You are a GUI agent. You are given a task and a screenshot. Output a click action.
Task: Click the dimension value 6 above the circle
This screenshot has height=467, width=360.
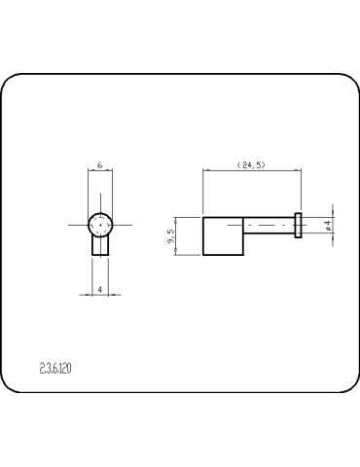[101, 166]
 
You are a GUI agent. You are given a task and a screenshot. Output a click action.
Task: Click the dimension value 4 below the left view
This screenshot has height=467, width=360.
[101, 290]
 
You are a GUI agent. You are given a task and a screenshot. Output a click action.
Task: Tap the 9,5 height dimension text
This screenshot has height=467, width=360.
[170, 235]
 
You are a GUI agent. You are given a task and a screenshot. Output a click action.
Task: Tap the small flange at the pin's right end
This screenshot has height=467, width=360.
[299, 225]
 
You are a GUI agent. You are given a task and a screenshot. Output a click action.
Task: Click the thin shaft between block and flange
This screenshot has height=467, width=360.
[268, 225]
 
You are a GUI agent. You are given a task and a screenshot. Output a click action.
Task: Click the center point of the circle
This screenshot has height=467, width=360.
[101, 225]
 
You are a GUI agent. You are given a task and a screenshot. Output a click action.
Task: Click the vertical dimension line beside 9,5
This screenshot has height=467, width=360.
[175, 235]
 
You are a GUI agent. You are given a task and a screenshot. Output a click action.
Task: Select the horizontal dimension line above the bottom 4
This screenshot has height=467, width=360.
[101, 296]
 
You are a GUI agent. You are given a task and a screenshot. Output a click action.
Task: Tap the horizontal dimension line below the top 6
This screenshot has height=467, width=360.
[101, 173]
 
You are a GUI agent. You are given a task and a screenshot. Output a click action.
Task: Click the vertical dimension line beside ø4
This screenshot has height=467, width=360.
[334, 225]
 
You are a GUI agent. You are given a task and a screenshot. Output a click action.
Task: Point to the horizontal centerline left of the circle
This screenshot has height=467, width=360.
[78, 225]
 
